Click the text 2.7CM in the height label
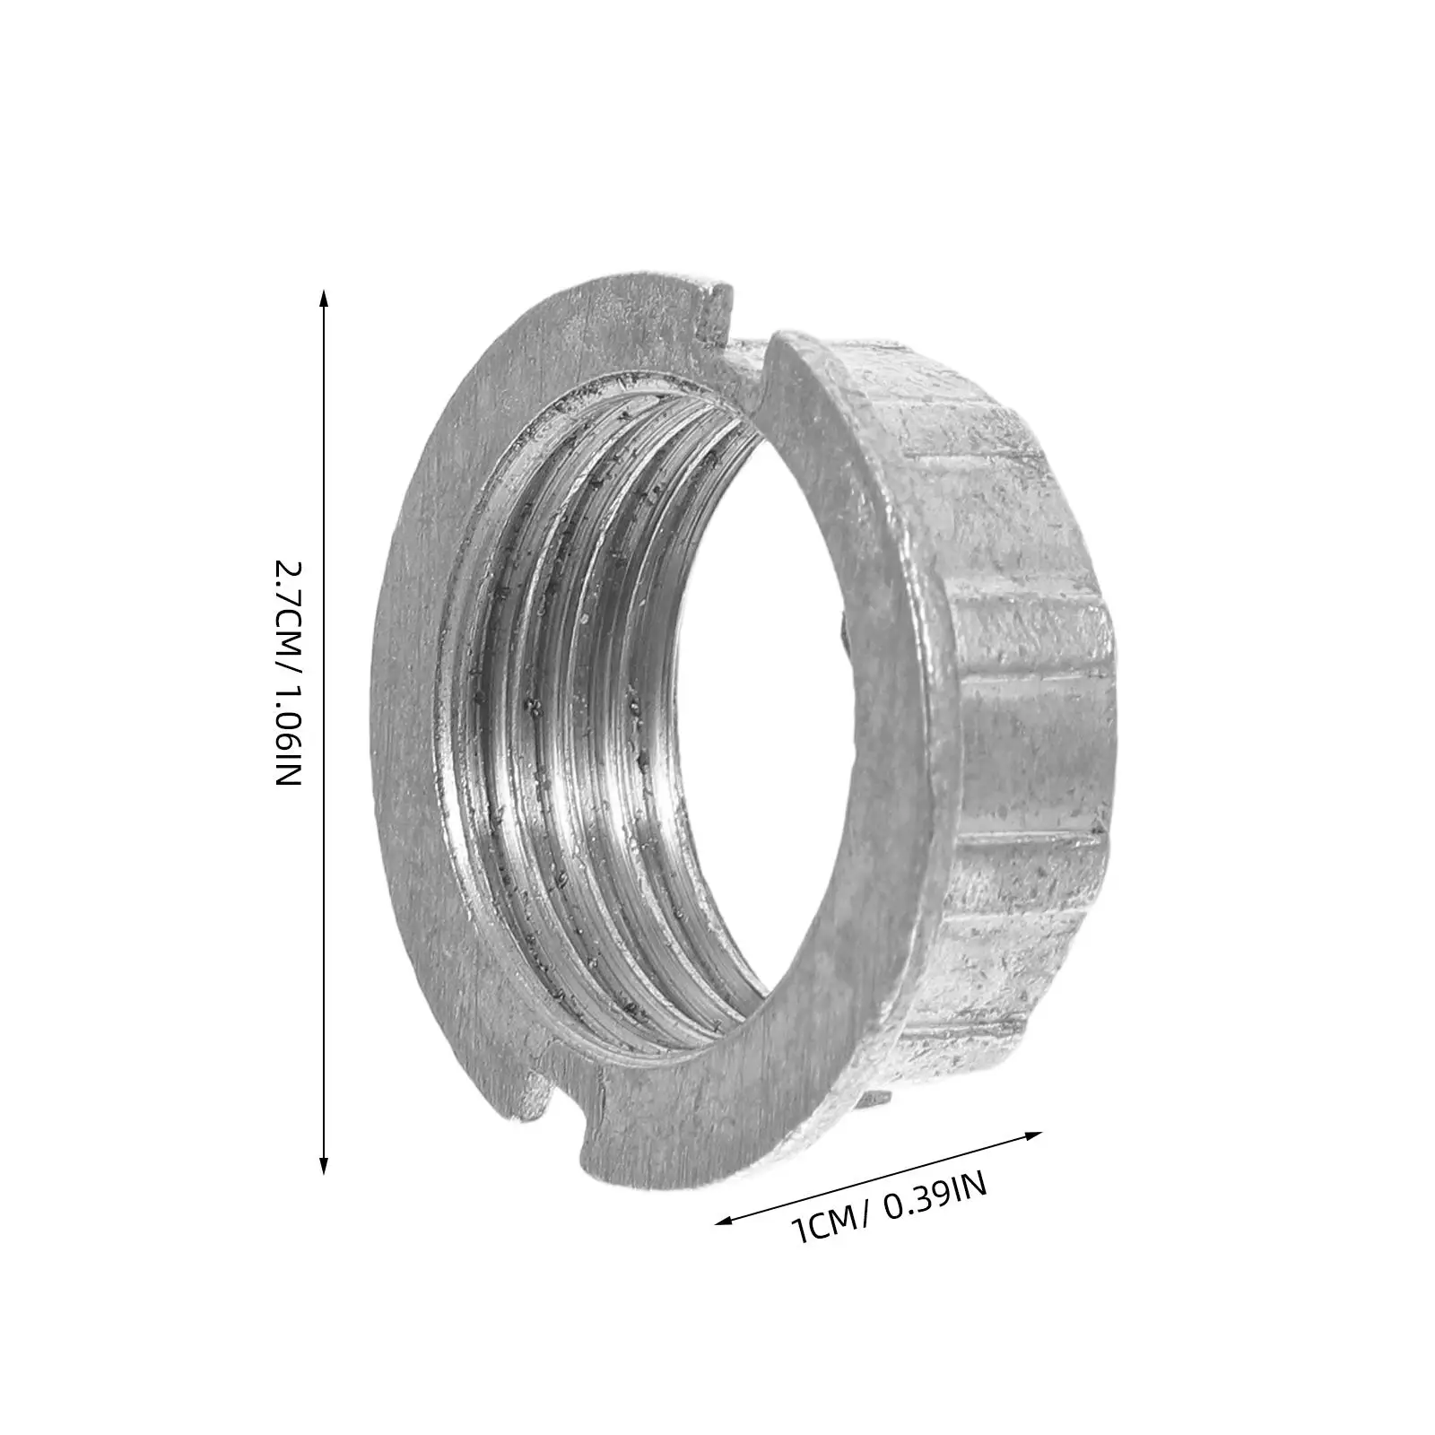click(289, 612)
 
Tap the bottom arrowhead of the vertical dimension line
click(323, 1165)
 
